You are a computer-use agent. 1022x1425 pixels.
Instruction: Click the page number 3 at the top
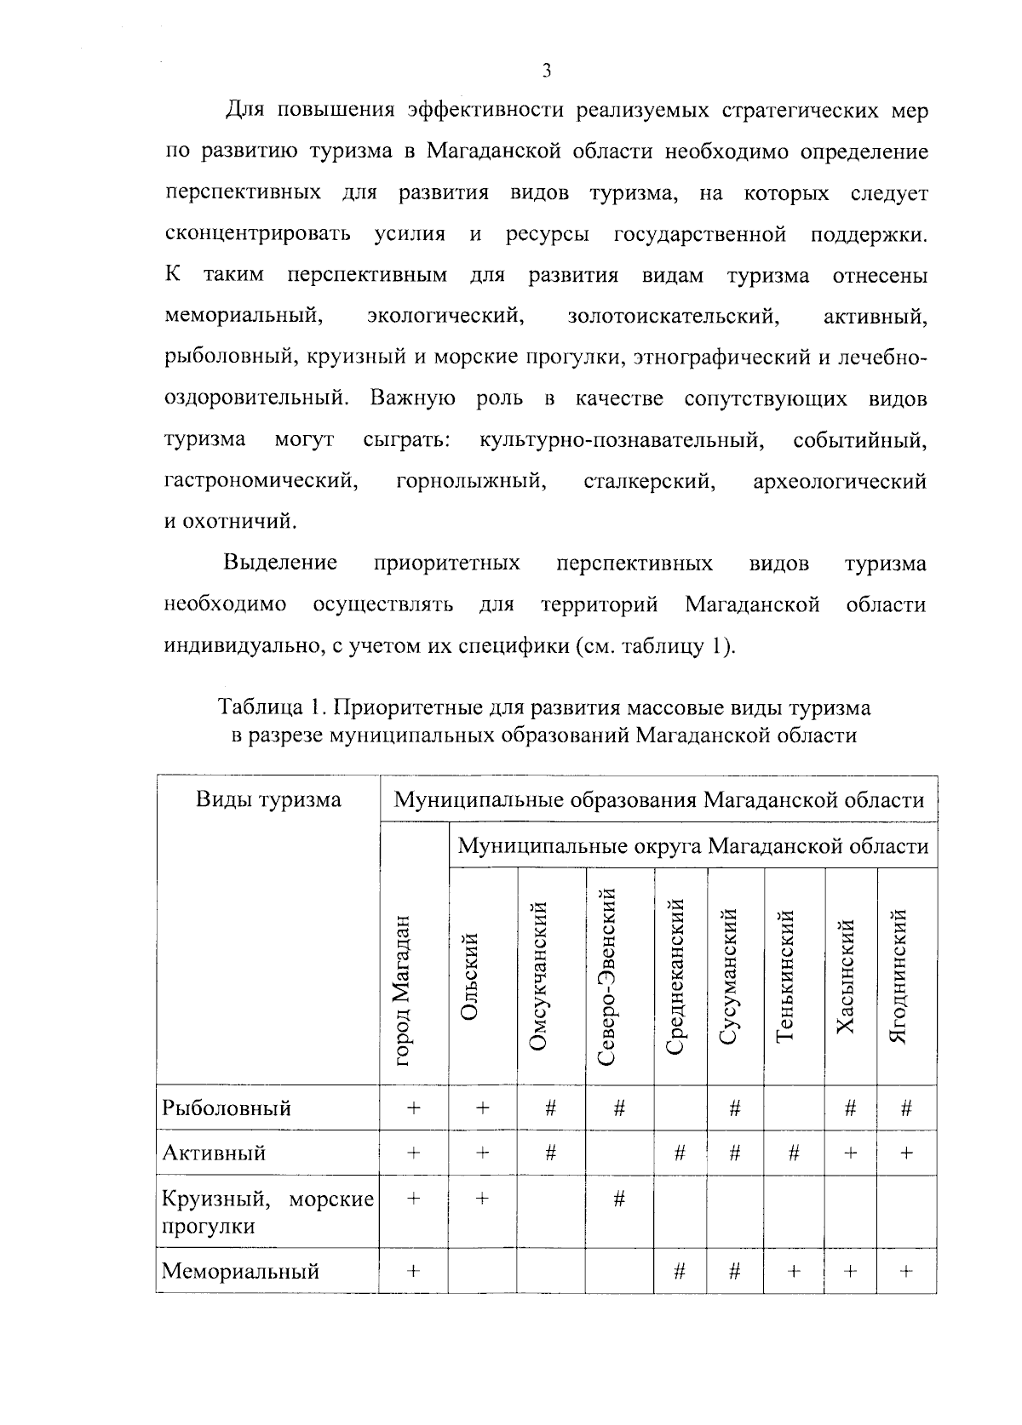[x=546, y=71]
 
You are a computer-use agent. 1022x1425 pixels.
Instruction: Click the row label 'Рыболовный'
[x=227, y=1107]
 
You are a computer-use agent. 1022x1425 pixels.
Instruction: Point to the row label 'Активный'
[x=214, y=1153]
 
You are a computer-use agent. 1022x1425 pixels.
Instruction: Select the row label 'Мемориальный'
[x=240, y=1271]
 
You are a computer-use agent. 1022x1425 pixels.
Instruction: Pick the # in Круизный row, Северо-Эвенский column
[x=619, y=1199]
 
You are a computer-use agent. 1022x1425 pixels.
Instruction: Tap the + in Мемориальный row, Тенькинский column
[x=794, y=1271]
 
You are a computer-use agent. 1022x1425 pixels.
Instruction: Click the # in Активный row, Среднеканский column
[x=680, y=1153]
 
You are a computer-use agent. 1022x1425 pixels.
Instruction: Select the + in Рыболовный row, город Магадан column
[x=414, y=1107]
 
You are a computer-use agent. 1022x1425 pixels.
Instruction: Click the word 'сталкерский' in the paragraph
[x=648, y=482]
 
